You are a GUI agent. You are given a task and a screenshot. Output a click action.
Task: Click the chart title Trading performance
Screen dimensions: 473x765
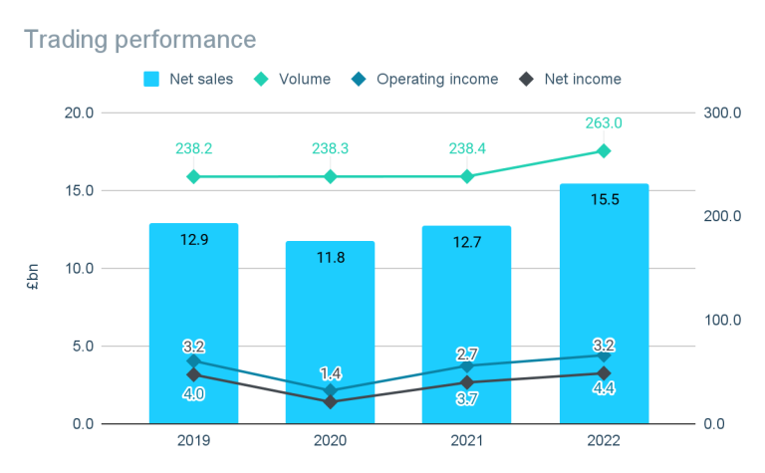tap(139, 40)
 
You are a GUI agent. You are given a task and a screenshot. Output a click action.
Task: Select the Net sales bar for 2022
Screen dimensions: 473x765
tap(604, 299)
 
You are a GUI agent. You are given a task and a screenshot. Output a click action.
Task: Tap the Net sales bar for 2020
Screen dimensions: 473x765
tap(331, 319)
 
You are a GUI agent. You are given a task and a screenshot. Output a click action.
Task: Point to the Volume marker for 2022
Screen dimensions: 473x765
tap(604, 150)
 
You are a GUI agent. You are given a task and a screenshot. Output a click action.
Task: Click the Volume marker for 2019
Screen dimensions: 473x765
tap(193, 176)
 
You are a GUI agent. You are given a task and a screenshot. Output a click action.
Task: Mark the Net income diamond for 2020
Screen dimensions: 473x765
tap(331, 402)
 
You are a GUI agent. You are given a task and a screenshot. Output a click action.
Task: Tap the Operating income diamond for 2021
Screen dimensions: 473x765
tap(467, 366)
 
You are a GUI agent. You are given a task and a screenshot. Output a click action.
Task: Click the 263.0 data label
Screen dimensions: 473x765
tap(604, 123)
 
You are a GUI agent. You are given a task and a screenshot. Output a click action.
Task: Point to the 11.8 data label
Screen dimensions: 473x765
tap(331, 257)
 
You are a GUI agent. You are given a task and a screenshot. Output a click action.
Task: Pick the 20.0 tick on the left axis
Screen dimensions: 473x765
tap(106, 113)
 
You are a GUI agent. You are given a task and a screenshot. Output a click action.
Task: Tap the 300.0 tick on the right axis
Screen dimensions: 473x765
tap(724, 113)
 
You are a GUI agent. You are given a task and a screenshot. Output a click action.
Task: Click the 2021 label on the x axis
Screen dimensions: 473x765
tap(467, 439)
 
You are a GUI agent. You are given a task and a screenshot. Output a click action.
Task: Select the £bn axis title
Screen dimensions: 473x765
tap(34, 269)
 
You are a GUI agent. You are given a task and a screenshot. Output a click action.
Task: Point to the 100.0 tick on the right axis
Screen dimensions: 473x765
tap(724, 321)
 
